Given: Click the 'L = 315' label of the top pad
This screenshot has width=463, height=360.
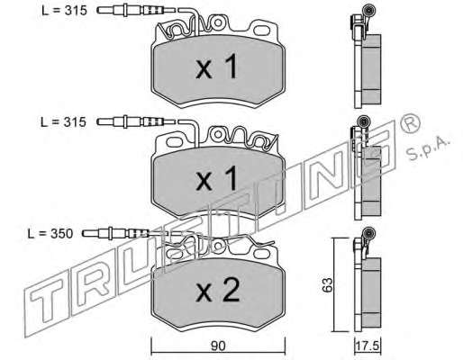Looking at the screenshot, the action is click(64, 11).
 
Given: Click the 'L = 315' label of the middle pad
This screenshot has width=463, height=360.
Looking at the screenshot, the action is click(63, 122).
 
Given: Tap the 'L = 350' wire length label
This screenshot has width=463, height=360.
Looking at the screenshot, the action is click(50, 234).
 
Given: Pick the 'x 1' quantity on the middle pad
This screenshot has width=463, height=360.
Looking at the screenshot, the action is click(217, 178).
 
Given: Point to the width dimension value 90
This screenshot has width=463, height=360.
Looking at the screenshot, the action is click(218, 346).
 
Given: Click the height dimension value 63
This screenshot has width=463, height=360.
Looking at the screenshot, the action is click(327, 285).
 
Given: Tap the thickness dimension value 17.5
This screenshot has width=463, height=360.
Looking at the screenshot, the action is click(368, 346).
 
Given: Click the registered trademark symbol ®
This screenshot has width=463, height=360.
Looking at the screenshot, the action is click(411, 123).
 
